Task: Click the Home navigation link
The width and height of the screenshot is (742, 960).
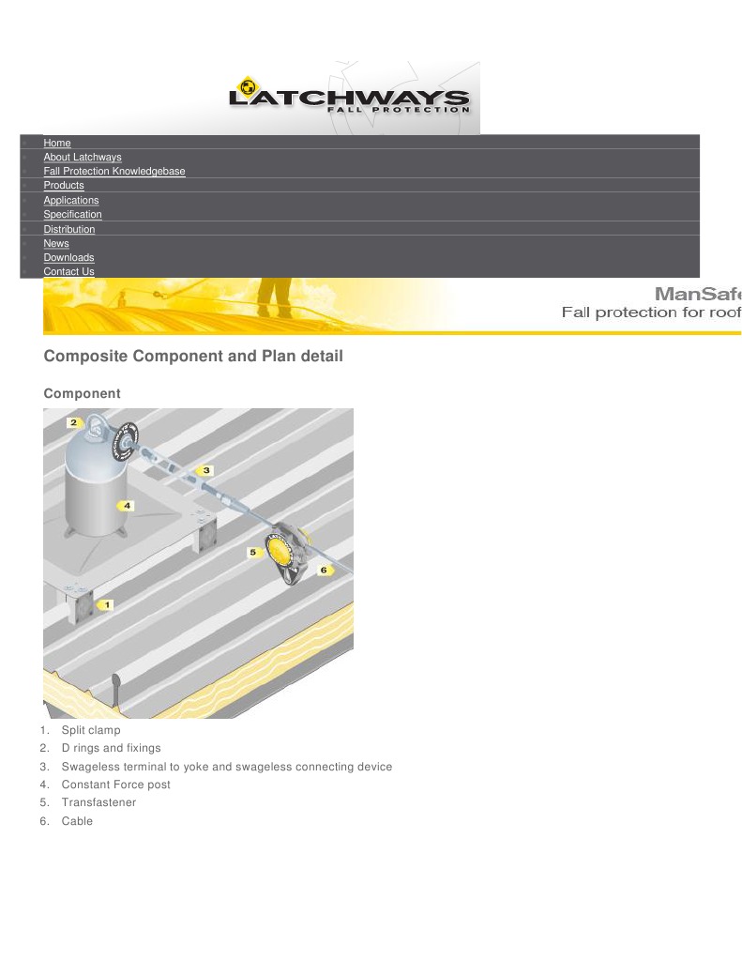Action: pyautogui.click(x=56, y=143)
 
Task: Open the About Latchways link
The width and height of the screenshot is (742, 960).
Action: pyautogui.click(x=82, y=157)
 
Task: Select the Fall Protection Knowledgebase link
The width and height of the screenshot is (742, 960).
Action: pyautogui.click(x=114, y=171)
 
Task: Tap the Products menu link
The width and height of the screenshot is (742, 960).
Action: pyautogui.click(x=63, y=185)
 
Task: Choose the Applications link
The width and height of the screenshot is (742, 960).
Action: pyautogui.click(x=70, y=200)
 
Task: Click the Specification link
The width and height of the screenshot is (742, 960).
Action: pyautogui.click(x=72, y=214)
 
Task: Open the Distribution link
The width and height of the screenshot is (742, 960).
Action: pyautogui.click(x=68, y=229)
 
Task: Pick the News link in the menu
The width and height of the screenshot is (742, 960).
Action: pyautogui.click(x=55, y=243)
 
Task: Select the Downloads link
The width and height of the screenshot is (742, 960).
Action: pyautogui.click(x=68, y=257)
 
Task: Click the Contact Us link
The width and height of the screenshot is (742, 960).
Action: pyautogui.click(x=68, y=271)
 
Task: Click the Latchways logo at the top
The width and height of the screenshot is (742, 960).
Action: pyautogui.click(x=349, y=98)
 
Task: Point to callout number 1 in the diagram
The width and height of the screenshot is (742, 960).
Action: pyautogui.click(x=106, y=605)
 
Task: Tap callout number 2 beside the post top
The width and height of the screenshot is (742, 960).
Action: pyautogui.click(x=74, y=422)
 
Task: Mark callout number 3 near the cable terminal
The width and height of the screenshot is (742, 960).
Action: pyautogui.click(x=205, y=469)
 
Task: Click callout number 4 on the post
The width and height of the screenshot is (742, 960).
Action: pyautogui.click(x=127, y=505)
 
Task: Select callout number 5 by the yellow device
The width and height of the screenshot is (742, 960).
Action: pyautogui.click(x=252, y=553)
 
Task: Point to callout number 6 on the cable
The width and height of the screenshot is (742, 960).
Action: pyautogui.click(x=324, y=570)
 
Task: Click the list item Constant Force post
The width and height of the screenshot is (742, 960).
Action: pyautogui.click(x=115, y=785)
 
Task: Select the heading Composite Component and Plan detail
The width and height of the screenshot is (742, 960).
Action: pyautogui.click(x=193, y=357)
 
